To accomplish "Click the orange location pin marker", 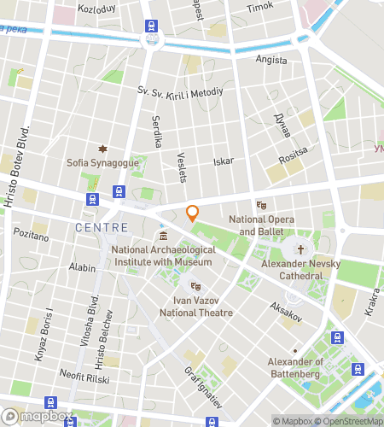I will (193, 213).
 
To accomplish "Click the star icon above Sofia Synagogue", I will (102, 149).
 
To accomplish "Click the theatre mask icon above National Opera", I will (262, 205).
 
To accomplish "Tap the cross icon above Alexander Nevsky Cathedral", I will (300, 249).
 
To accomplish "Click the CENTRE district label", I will (102, 228).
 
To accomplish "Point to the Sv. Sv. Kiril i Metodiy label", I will (180, 91).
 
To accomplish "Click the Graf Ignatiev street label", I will (203, 385).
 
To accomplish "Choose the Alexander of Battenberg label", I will (295, 367).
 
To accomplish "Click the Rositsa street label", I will (292, 160).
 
